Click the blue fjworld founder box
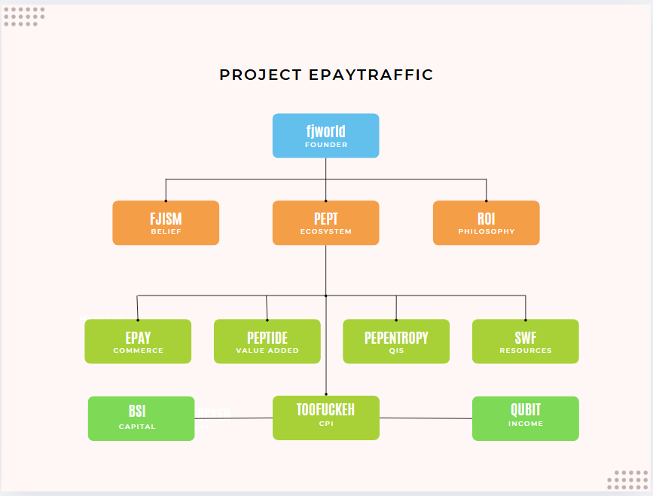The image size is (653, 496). (x=325, y=135)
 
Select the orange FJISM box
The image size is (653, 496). (x=166, y=222)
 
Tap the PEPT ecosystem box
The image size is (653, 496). (x=325, y=222)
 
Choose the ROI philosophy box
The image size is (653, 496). (x=486, y=222)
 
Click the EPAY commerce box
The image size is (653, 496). (x=138, y=341)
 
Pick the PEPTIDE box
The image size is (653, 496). (x=267, y=341)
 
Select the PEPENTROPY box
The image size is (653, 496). (x=396, y=341)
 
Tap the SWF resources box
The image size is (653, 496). (x=525, y=341)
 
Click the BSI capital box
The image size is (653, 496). (x=141, y=418)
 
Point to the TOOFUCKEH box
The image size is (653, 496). (x=325, y=418)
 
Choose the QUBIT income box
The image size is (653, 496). (x=525, y=418)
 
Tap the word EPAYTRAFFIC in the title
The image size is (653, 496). (x=371, y=75)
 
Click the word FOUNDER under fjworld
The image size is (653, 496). (x=326, y=145)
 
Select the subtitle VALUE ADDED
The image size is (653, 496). (x=267, y=351)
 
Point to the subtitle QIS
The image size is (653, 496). (x=396, y=351)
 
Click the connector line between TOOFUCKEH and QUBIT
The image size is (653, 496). (x=426, y=418)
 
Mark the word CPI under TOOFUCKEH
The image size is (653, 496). (x=325, y=424)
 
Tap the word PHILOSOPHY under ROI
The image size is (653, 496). (x=487, y=231)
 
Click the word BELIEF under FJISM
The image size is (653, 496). (x=166, y=231)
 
